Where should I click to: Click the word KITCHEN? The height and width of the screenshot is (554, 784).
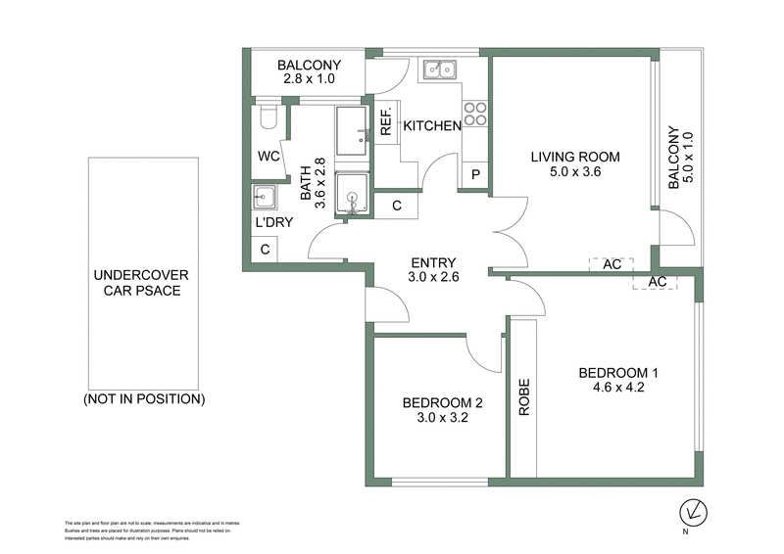pyautogui.click(x=432, y=126)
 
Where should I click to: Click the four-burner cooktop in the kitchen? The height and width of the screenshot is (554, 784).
pyautogui.click(x=475, y=115)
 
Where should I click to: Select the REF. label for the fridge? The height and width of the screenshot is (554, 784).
pyautogui.click(x=386, y=120)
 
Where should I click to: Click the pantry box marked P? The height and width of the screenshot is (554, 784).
pyautogui.click(x=475, y=175)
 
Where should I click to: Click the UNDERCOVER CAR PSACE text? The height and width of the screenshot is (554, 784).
pyautogui.click(x=142, y=283)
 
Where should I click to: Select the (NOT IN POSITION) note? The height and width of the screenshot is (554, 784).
pyautogui.click(x=143, y=399)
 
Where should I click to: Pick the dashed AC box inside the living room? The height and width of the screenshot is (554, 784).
pyautogui.click(x=612, y=265)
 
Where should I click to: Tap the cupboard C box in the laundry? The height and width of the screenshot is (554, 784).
pyautogui.click(x=265, y=250)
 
